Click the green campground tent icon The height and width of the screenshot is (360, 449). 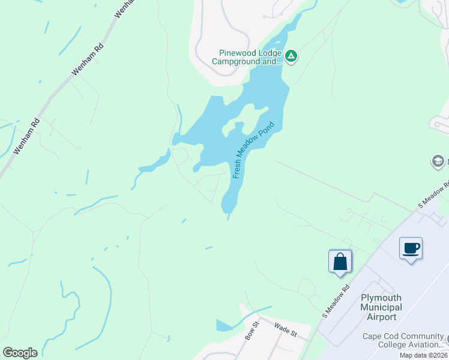[x=291, y=56]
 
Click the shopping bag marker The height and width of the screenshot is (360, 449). [x=340, y=262]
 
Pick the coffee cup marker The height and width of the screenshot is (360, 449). [x=411, y=248]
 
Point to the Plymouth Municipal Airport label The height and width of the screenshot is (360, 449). [x=381, y=307]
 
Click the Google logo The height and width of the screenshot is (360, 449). [x=20, y=353]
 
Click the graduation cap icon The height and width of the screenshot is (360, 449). [x=438, y=161]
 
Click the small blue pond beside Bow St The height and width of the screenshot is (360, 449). [x=224, y=325]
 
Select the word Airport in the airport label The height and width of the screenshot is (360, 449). [x=381, y=317]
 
